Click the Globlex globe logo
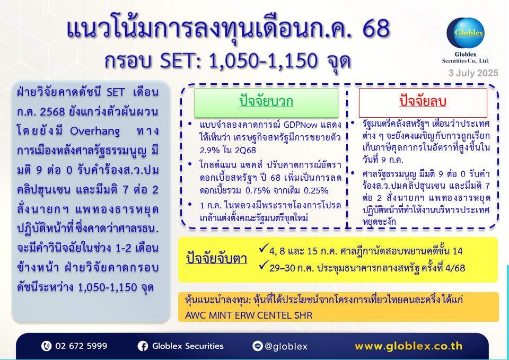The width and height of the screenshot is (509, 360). tap(466, 33)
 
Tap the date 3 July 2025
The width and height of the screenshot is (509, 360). tap(473, 73)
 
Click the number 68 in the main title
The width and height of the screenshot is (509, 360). tap(375, 29)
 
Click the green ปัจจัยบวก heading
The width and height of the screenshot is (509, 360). tap(266, 102)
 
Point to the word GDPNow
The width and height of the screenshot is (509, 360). tap(300, 125)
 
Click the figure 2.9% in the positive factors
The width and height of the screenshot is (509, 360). tap(210, 150)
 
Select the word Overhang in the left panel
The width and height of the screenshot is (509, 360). tap(95, 131)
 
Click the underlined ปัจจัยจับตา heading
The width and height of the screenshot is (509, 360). tap(216, 258)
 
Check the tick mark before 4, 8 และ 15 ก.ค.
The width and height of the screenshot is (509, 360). tap(264, 248)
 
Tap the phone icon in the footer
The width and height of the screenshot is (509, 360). tap(47, 346)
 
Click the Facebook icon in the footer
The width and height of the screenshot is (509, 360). tap(143, 346)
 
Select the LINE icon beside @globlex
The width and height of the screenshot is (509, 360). tap(258, 346)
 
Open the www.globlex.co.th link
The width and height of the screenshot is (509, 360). tap(408, 346)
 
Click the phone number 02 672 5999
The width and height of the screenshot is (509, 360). tap(81, 346)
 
